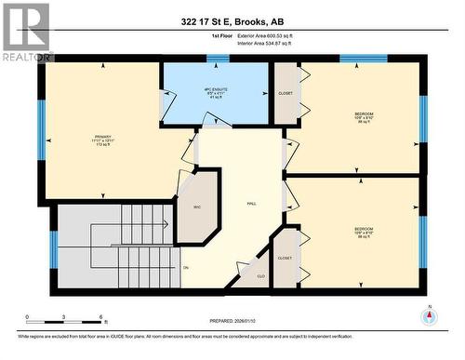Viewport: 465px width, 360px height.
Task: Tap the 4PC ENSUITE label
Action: pyautogui.click(x=217, y=89)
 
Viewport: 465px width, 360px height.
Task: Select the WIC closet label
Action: pyautogui.click(x=198, y=207)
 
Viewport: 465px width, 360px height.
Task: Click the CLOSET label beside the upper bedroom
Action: pyautogui.click(x=286, y=94)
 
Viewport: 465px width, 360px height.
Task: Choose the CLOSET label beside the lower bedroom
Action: pyautogui.click(x=285, y=258)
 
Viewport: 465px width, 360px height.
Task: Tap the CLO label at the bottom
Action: pyautogui.click(x=259, y=276)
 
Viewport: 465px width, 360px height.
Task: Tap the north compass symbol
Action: pyautogui.click(x=429, y=315)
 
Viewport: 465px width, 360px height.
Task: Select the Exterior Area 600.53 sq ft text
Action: pyautogui.click(x=265, y=35)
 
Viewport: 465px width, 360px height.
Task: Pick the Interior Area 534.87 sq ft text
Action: pyautogui.click(x=265, y=43)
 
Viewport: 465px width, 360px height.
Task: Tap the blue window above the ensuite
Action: pyautogui.click(x=219, y=60)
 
